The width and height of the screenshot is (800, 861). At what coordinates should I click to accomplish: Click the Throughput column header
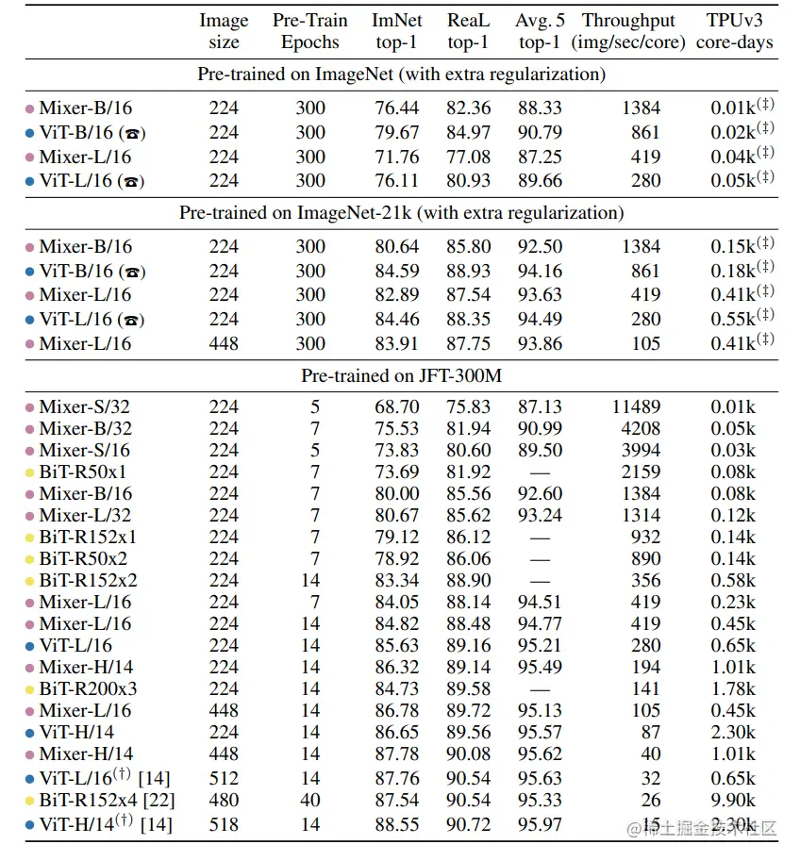(628, 31)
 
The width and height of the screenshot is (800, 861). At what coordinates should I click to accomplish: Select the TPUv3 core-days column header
(734, 31)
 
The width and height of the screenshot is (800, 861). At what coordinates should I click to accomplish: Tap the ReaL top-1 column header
(468, 31)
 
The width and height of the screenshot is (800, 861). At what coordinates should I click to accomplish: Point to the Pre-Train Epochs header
(310, 31)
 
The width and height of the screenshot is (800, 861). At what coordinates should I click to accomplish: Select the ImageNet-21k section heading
(401, 213)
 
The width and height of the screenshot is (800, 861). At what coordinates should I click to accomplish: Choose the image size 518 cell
(224, 824)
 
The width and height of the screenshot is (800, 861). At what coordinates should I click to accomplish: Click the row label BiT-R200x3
(88, 688)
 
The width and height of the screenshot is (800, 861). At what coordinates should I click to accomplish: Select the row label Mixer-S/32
(85, 406)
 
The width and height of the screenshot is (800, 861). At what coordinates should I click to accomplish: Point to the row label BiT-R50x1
(83, 472)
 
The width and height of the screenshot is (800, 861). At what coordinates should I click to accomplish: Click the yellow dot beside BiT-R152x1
(29, 537)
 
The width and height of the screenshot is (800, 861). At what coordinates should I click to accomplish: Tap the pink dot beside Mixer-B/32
(29, 428)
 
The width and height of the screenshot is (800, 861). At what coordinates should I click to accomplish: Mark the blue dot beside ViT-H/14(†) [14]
(29, 825)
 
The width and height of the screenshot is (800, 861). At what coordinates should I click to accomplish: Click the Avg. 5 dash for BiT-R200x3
(540, 688)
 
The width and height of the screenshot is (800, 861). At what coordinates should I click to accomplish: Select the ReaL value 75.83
(468, 406)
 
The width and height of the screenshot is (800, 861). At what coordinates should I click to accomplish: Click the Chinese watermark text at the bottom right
(703, 829)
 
